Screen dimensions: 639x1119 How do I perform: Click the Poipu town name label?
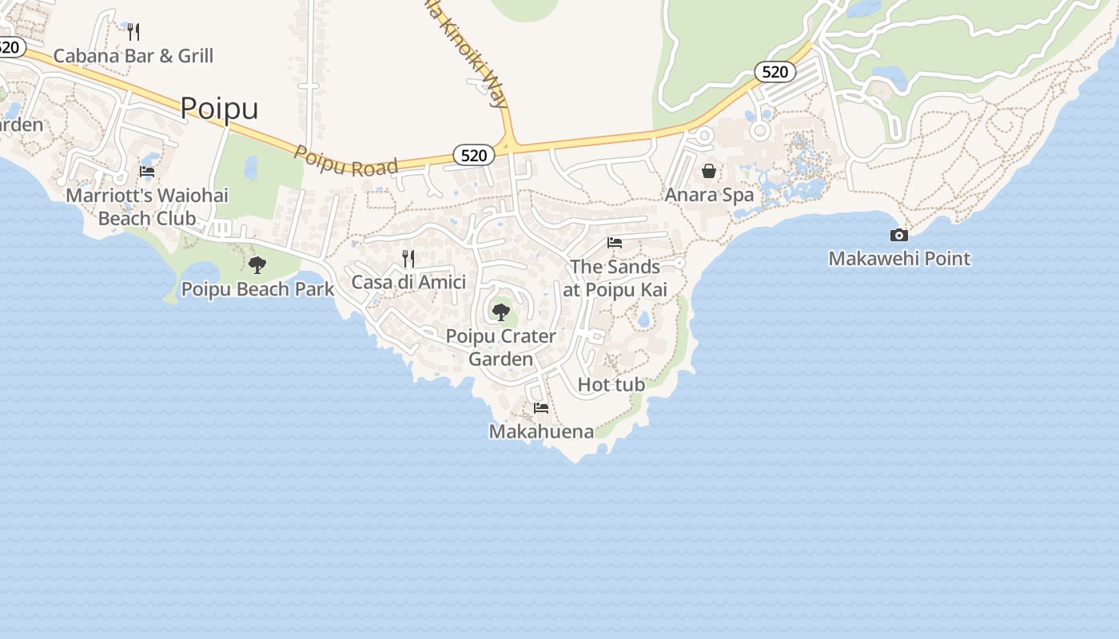[x=219, y=108]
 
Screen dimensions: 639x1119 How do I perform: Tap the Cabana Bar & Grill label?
[x=133, y=56]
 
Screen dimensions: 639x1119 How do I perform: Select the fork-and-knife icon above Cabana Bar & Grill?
[x=133, y=32]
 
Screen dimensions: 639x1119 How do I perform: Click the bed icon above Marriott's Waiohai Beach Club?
[x=147, y=171]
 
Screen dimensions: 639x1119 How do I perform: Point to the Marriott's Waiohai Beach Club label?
[x=147, y=206]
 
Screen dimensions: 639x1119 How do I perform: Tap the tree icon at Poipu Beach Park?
[x=257, y=264]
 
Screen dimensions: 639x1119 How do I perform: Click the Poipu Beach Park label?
[x=257, y=289]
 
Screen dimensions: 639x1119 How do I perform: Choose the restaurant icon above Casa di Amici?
[x=408, y=258]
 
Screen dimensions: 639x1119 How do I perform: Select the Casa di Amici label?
[x=408, y=282]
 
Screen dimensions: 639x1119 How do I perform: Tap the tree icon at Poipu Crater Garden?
[x=501, y=312]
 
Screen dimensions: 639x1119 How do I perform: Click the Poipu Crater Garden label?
[x=501, y=347]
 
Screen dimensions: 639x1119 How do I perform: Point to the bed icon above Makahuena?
[x=541, y=408]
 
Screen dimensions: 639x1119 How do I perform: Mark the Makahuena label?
[x=541, y=432]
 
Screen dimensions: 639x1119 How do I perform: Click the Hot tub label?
[x=611, y=385]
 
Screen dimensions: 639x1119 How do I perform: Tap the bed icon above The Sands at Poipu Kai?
[x=615, y=243]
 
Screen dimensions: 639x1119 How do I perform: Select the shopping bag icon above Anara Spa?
[x=709, y=171]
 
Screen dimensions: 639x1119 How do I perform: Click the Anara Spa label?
[x=709, y=195]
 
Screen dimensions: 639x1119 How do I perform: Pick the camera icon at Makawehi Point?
[x=899, y=235]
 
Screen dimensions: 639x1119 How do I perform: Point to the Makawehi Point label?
[x=899, y=259]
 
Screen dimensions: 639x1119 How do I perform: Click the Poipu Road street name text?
[x=346, y=161]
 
